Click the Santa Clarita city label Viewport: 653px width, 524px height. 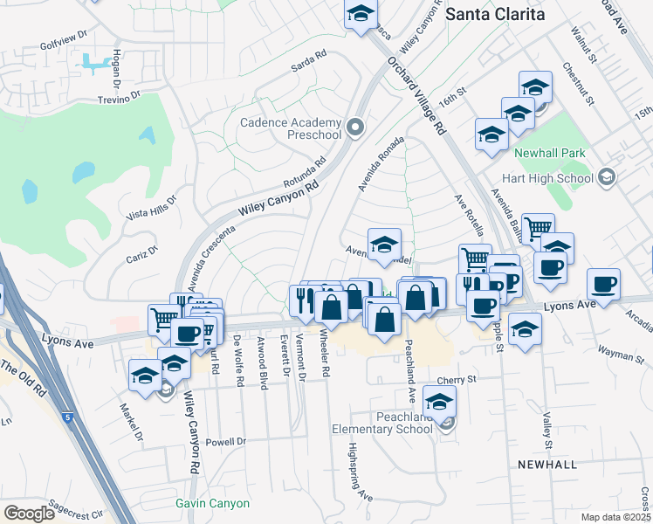[495, 14]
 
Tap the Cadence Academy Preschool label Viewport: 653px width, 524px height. [290, 129]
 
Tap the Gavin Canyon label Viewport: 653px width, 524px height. [212, 503]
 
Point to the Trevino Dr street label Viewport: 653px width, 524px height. [120, 99]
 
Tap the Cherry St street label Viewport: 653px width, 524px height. [457, 380]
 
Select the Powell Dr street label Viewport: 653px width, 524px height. [226, 442]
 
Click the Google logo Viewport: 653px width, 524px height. [29, 513]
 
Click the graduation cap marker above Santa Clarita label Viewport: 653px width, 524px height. [360, 14]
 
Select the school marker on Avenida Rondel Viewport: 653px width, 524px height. [384, 245]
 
